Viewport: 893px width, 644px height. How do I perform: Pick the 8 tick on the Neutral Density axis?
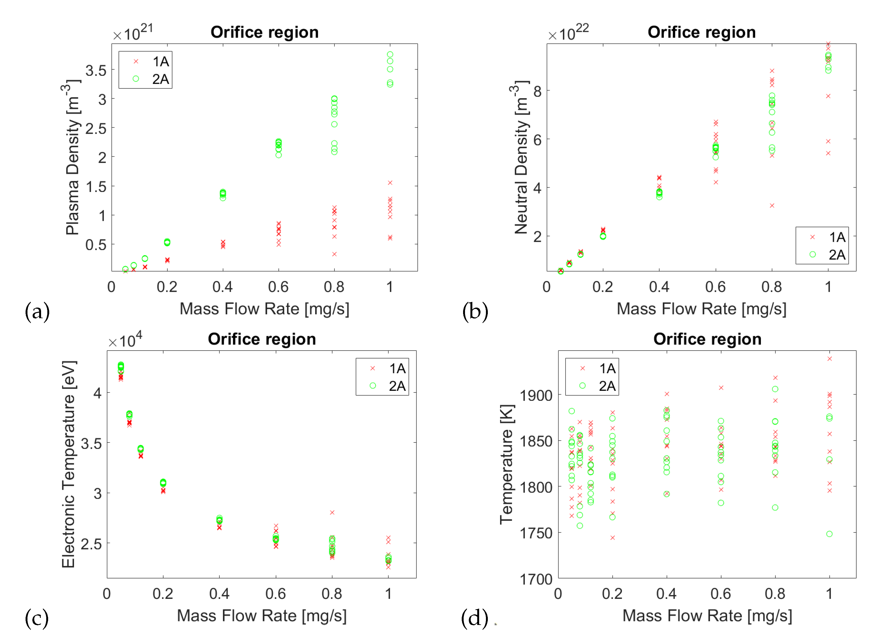537,91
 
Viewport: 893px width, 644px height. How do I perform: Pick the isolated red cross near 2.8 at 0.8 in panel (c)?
332,512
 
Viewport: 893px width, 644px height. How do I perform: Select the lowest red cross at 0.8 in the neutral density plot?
772,206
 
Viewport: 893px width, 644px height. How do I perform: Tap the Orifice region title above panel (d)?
707,339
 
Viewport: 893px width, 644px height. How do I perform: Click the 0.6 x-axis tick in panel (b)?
715,287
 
